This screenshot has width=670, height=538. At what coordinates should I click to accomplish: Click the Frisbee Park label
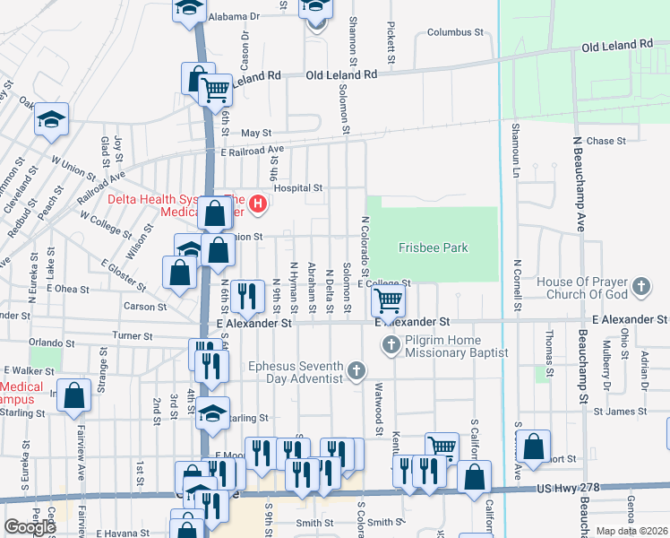pyautogui.click(x=433, y=248)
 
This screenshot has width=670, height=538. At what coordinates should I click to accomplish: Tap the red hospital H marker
pyautogui.click(x=258, y=205)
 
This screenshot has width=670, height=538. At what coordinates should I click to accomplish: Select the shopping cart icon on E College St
pyautogui.click(x=388, y=299)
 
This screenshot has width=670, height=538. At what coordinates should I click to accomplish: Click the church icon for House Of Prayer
pyautogui.click(x=640, y=287)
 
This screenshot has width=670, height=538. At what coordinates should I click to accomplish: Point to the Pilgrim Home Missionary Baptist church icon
pyautogui.click(x=390, y=345)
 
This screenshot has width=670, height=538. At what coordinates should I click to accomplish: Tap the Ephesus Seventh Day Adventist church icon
pyautogui.click(x=356, y=370)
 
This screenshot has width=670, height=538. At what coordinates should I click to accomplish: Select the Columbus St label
pyautogui.click(x=454, y=32)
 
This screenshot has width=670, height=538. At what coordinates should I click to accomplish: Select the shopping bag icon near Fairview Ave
pyautogui.click(x=74, y=395)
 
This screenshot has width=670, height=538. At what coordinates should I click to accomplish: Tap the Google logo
pyautogui.click(x=30, y=527)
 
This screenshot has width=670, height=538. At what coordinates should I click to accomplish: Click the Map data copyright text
pyautogui.click(x=631, y=531)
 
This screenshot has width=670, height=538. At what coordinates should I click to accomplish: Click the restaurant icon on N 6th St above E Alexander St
pyautogui.click(x=246, y=295)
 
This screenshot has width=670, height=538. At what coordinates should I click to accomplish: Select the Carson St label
pyautogui.click(x=145, y=307)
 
